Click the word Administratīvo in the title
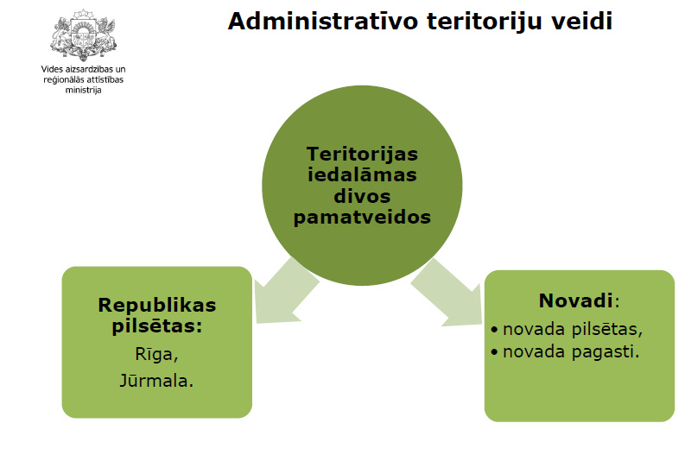[x=323, y=22]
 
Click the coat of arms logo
[x=84, y=35]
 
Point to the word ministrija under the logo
[x=84, y=90]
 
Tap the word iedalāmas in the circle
[x=362, y=174]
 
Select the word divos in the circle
[x=362, y=196]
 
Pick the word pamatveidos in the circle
[x=362, y=217]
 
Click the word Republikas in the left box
[x=157, y=306]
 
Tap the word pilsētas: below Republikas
[x=157, y=326]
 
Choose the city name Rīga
[x=157, y=354]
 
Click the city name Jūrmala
[x=157, y=381]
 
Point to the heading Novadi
[x=576, y=300]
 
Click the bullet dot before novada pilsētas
[x=494, y=329]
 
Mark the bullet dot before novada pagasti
[x=494, y=351]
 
